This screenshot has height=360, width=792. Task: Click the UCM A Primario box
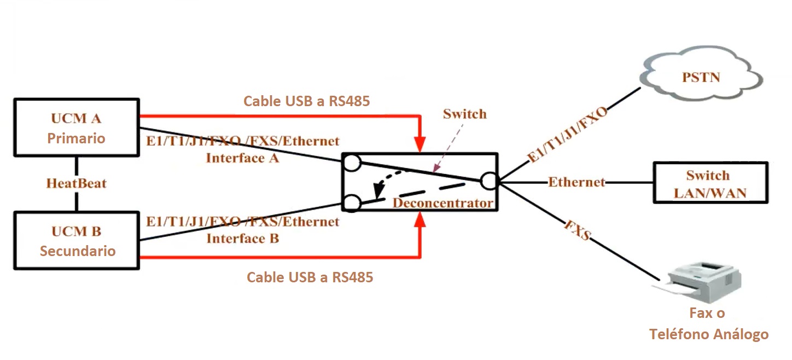pyautogui.click(x=76, y=127)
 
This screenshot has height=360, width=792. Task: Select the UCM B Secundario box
pyautogui.click(x=76, y=241)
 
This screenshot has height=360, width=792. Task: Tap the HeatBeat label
pyautogui.click(x=76, y=183)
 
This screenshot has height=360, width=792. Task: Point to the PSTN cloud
pyautogui.click(x=701, y=77)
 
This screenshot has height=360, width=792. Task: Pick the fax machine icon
pyautogui.click(x=702, y=281)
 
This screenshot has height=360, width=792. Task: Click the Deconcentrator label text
pyautogui.click(x=442, y=204)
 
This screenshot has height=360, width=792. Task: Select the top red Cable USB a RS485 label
pyautogui.click(x=306, y=101)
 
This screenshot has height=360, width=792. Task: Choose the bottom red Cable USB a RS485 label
pyautogui.click(x=310, y=277)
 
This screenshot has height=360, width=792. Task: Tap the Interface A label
pyautogui.click(x=243, y=159)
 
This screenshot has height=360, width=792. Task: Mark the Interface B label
pyautogui.click(x=243, y=239)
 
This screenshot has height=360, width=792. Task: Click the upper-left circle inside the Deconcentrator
pyautogui.click(x=351, y=162)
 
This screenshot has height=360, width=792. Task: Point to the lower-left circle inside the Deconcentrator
pyautogui.click(x=351, y=204)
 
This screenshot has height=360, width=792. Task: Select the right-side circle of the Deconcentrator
pyautogui.click(x=488, y=181)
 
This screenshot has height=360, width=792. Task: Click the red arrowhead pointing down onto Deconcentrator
pyautogui.click(x=420, y=144)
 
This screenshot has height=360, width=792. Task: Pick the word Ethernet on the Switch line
pyautogui.click(x=576, y=182)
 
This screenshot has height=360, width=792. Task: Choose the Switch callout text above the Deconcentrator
pyautogui.click(x=464, y=114)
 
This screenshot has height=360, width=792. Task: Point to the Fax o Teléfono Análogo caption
pyautogui.click(x=709, y=324)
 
